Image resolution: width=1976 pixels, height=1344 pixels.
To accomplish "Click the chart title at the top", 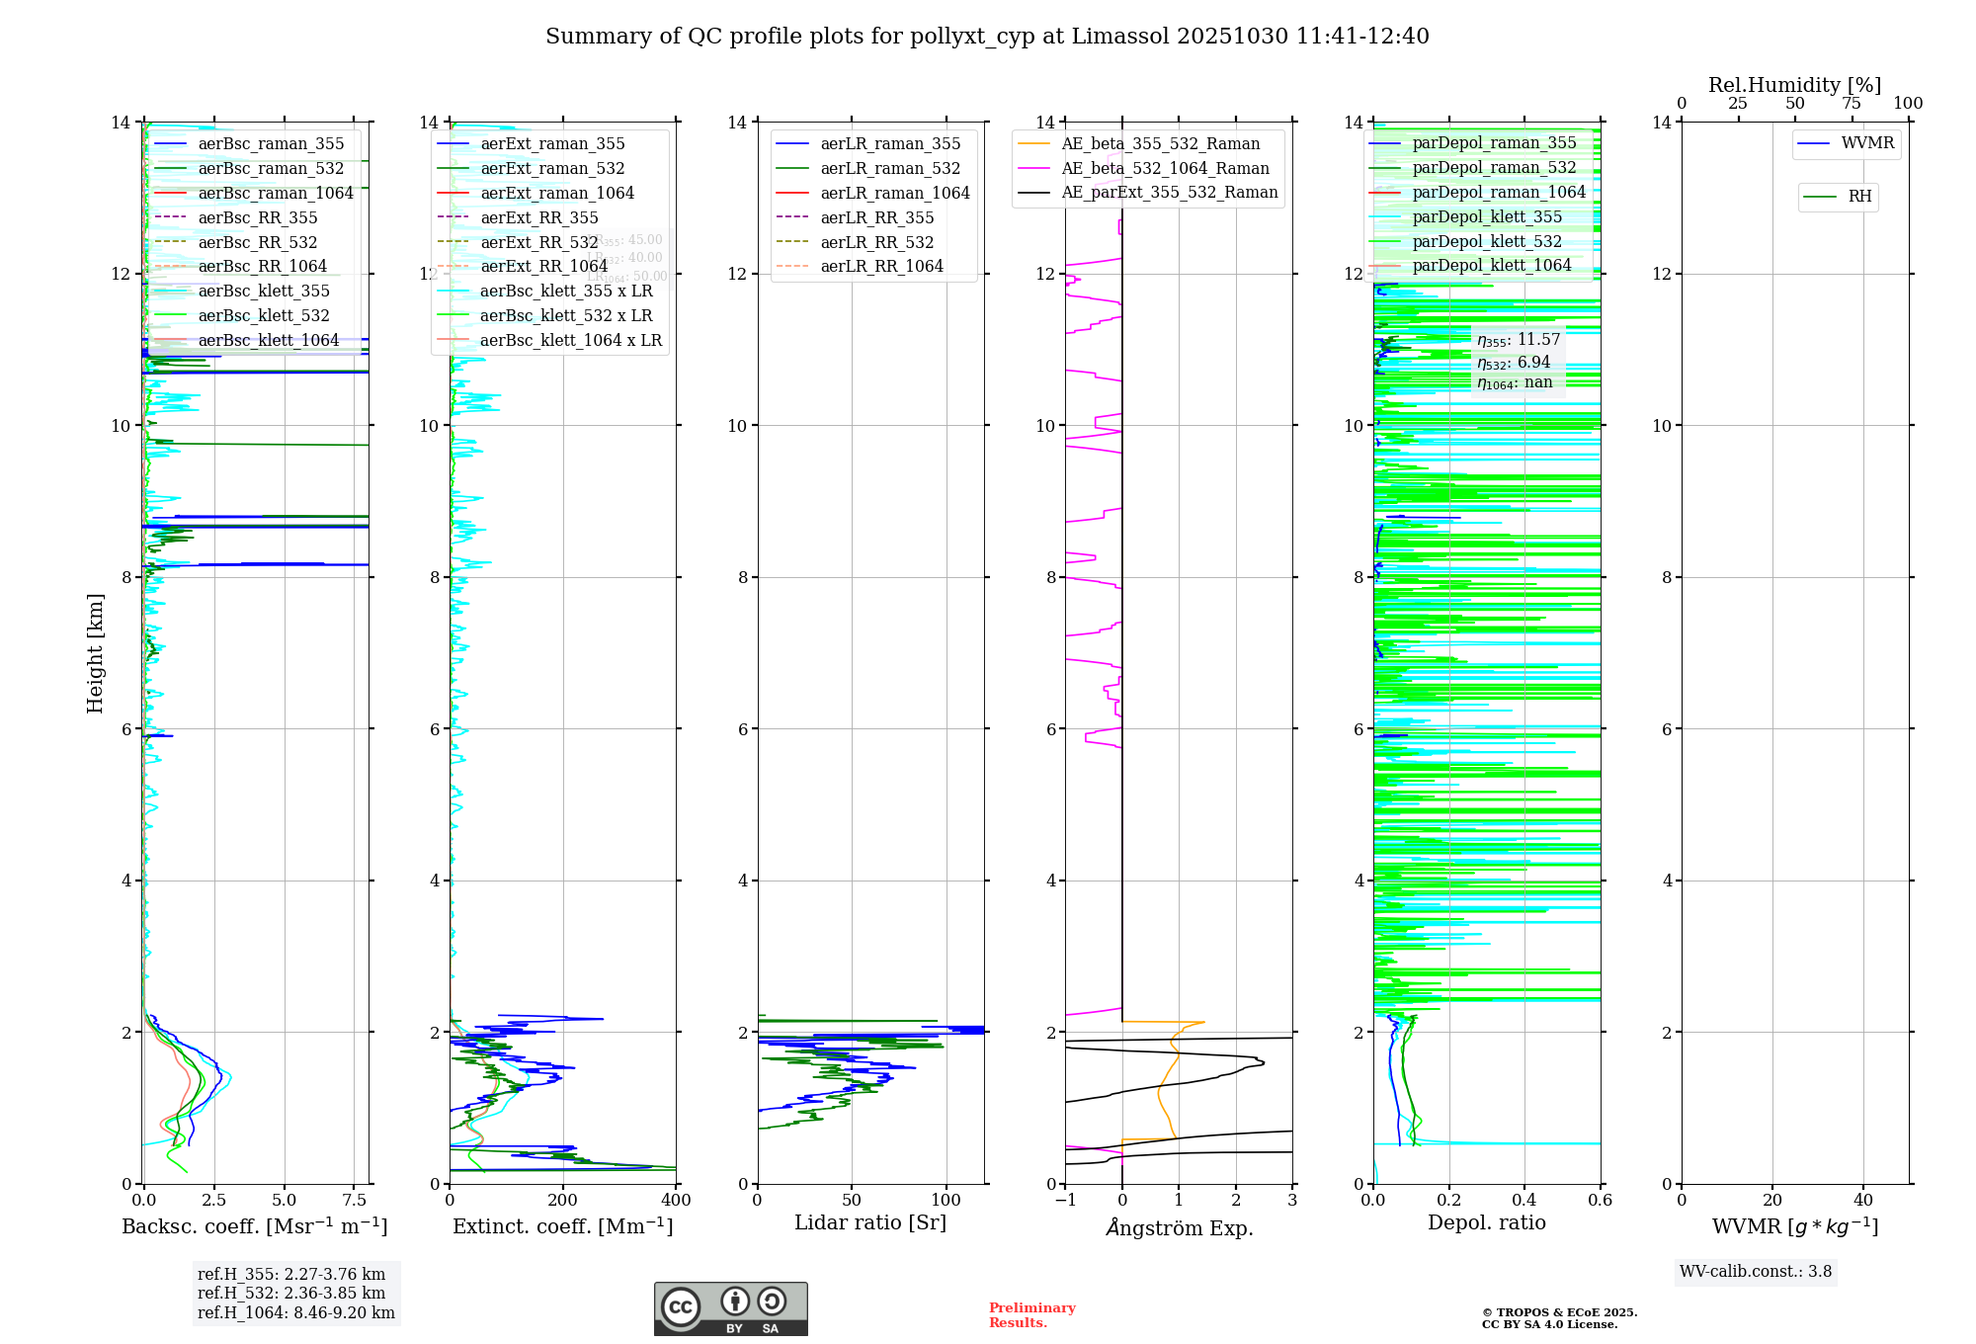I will point(987,37).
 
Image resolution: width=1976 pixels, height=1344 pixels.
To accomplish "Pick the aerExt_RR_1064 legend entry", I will point(543,267).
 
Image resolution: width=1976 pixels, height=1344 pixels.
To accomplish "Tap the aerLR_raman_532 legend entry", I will point(890,169).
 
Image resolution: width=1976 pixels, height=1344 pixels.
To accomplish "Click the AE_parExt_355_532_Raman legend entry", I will point(1169,193).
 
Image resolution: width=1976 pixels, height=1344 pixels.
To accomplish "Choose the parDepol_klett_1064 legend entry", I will point(1491,266).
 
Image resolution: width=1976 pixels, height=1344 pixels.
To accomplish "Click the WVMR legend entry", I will point(1867,143).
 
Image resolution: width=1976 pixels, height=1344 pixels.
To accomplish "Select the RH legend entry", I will point(1859,197).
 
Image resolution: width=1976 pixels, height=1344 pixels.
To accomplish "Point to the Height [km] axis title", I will point(95,652).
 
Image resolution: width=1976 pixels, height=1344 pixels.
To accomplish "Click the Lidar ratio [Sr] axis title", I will point(870,1222).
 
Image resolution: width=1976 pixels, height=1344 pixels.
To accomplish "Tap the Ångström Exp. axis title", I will point(1179,1227).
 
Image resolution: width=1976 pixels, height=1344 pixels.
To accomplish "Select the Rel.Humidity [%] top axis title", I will point(1794,85).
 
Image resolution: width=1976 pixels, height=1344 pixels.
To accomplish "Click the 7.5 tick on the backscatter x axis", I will point(355,1201).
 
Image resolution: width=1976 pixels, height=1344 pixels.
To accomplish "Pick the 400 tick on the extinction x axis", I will point(676,1201).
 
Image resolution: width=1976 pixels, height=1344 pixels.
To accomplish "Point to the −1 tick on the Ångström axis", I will point(1065,1201).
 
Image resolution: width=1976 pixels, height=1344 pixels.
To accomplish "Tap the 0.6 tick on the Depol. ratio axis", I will point(1600,1201).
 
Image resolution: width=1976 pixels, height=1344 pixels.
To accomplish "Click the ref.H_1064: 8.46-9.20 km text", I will point(295,1313).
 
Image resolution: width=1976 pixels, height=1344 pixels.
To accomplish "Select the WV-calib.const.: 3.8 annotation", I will point(1756,1272).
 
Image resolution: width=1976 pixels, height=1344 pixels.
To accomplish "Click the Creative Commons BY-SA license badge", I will point(730,1309).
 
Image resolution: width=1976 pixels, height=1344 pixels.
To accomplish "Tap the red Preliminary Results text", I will point(1031,1315).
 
